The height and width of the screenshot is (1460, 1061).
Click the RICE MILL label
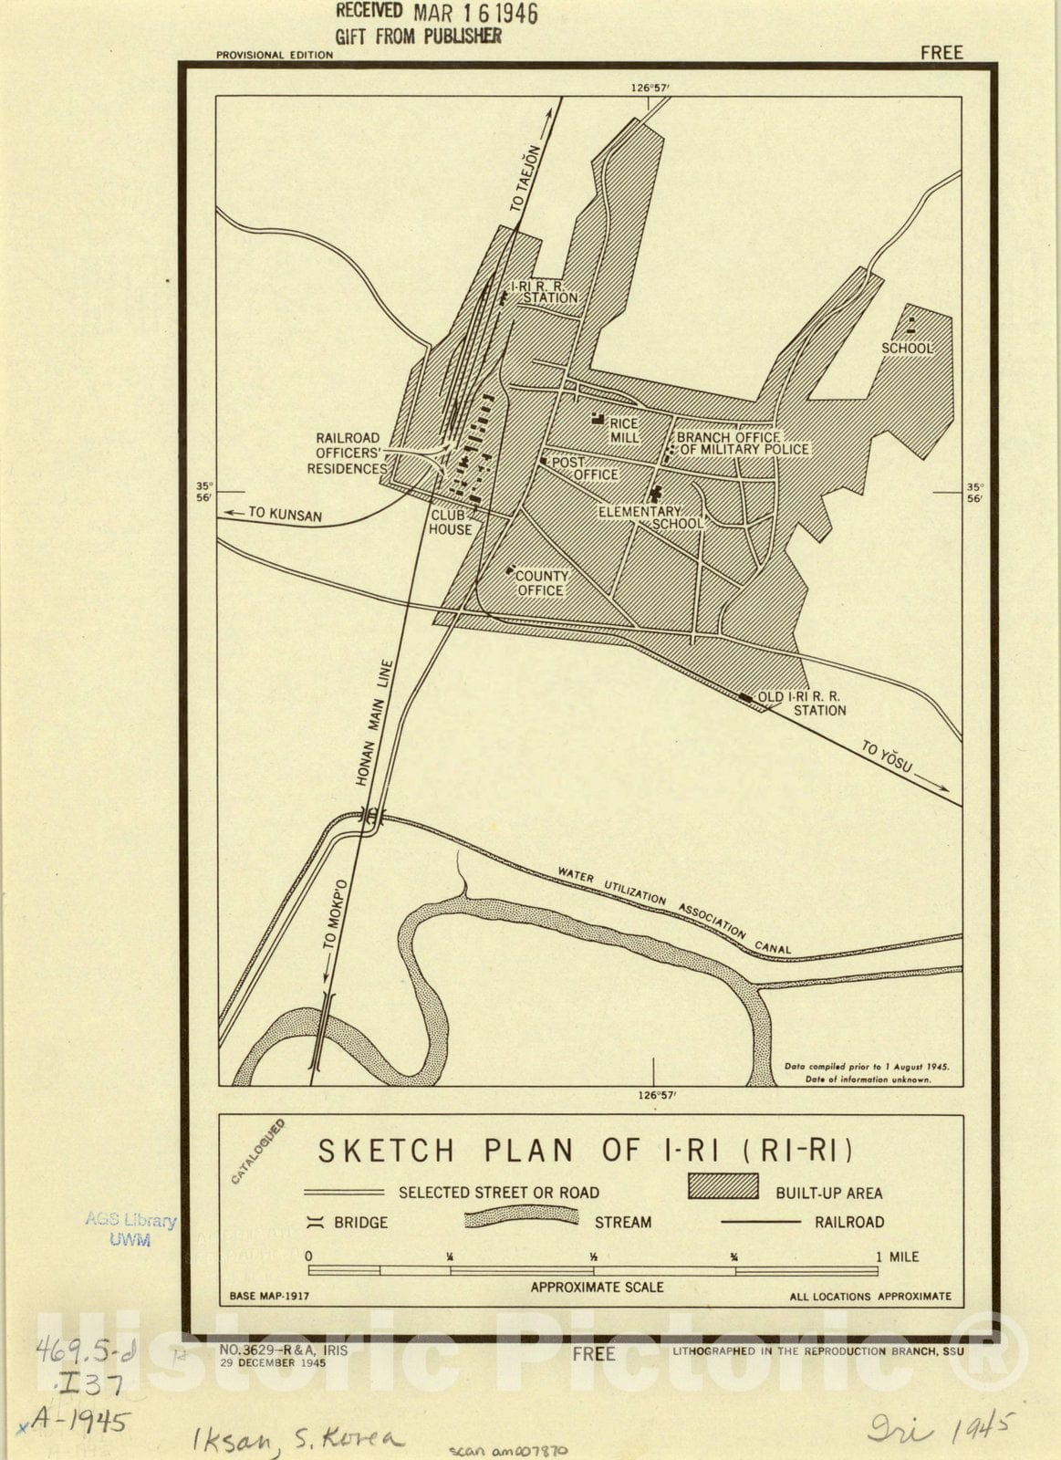click(624, 431)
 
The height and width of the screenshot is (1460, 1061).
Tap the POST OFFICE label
click(585, 468)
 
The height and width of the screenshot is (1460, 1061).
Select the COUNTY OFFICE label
click(541, 583)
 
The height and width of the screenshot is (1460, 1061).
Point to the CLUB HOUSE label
click(451, 522)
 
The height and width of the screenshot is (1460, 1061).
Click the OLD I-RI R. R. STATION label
click(802, 704)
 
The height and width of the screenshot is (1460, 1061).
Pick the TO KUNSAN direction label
click(284, 515)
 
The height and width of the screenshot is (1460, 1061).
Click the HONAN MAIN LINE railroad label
click(373, 723)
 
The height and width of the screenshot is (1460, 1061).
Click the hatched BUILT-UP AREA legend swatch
click(723, 1186)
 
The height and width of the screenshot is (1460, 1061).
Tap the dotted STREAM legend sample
click(521, 1219)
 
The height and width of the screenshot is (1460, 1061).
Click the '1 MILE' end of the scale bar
click(898, 1257)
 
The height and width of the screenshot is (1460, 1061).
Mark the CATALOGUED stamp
click(257, 1152)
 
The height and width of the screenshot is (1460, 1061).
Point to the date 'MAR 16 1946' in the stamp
click(475, 14)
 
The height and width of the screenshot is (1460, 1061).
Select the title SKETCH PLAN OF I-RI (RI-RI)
click(585, 1151)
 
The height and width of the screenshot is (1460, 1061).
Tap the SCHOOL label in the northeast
click(907, 349)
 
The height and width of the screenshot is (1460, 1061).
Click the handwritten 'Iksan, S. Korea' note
click(296, 1440)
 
